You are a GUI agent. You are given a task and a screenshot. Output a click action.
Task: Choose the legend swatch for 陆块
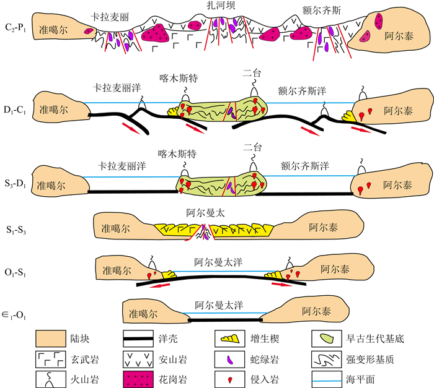click(x=51, y=338)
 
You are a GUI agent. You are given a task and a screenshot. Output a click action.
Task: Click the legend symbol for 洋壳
click(x=137, y=338)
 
